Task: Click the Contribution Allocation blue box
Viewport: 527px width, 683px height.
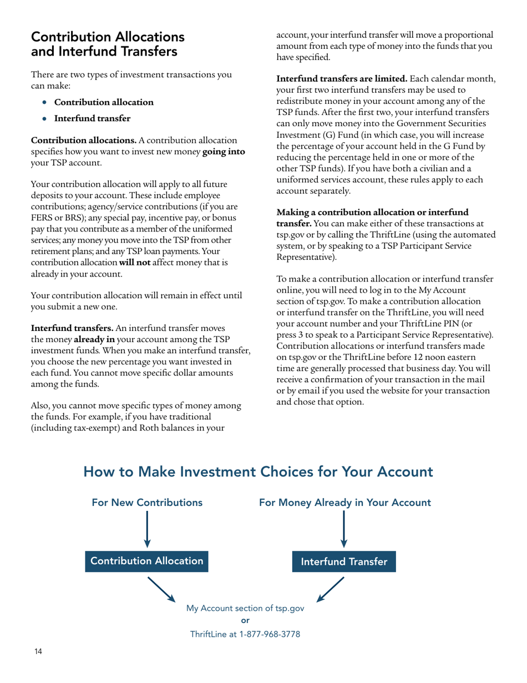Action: pos(147,561)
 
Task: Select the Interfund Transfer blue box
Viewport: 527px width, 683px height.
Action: pos(344,561)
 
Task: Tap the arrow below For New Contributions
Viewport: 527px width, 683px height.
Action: pos(146,529)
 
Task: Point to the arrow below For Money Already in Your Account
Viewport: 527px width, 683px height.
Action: pos(344,529)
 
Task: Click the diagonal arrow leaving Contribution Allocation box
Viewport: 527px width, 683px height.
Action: pos(161,589)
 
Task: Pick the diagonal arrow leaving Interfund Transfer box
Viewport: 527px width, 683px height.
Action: pos(331,589)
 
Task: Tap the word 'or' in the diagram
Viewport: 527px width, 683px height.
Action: pos(246,621)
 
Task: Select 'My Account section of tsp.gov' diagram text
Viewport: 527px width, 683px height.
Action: pos(245,608)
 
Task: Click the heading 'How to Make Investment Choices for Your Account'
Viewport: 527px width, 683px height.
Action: pos(258,472)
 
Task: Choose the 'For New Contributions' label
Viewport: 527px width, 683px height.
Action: pos(146,503)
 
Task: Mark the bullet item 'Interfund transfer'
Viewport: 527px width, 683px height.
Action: pos(92,118)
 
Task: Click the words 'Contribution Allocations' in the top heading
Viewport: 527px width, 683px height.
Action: pos(108,38)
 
